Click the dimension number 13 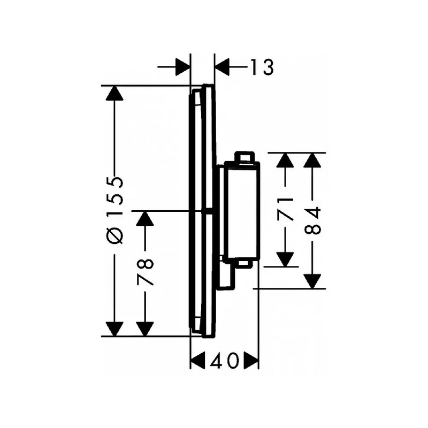tap(262, 67)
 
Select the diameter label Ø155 tap(114, 210)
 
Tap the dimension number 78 tap(144, 272)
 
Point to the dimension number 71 tap(285, 209)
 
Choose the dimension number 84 tap(312, 220)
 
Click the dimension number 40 tap(224, 361)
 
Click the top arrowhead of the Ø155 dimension tap(114, 93)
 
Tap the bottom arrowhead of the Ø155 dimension tap(114, 329)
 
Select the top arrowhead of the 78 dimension tap(144, 218)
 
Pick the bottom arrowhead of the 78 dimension tap(144, 329)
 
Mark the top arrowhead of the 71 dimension tap(285, 160)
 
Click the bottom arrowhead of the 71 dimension tap(285, 259)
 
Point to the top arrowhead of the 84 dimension tap(312, 160)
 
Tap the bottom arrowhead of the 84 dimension tap(312, 281)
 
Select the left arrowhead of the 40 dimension tap(197, 361)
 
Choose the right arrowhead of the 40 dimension tap(251, 361)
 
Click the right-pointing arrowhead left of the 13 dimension tap(182, 67)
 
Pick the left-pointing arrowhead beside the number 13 tap(223, 67)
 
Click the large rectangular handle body tap(242, 210)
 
